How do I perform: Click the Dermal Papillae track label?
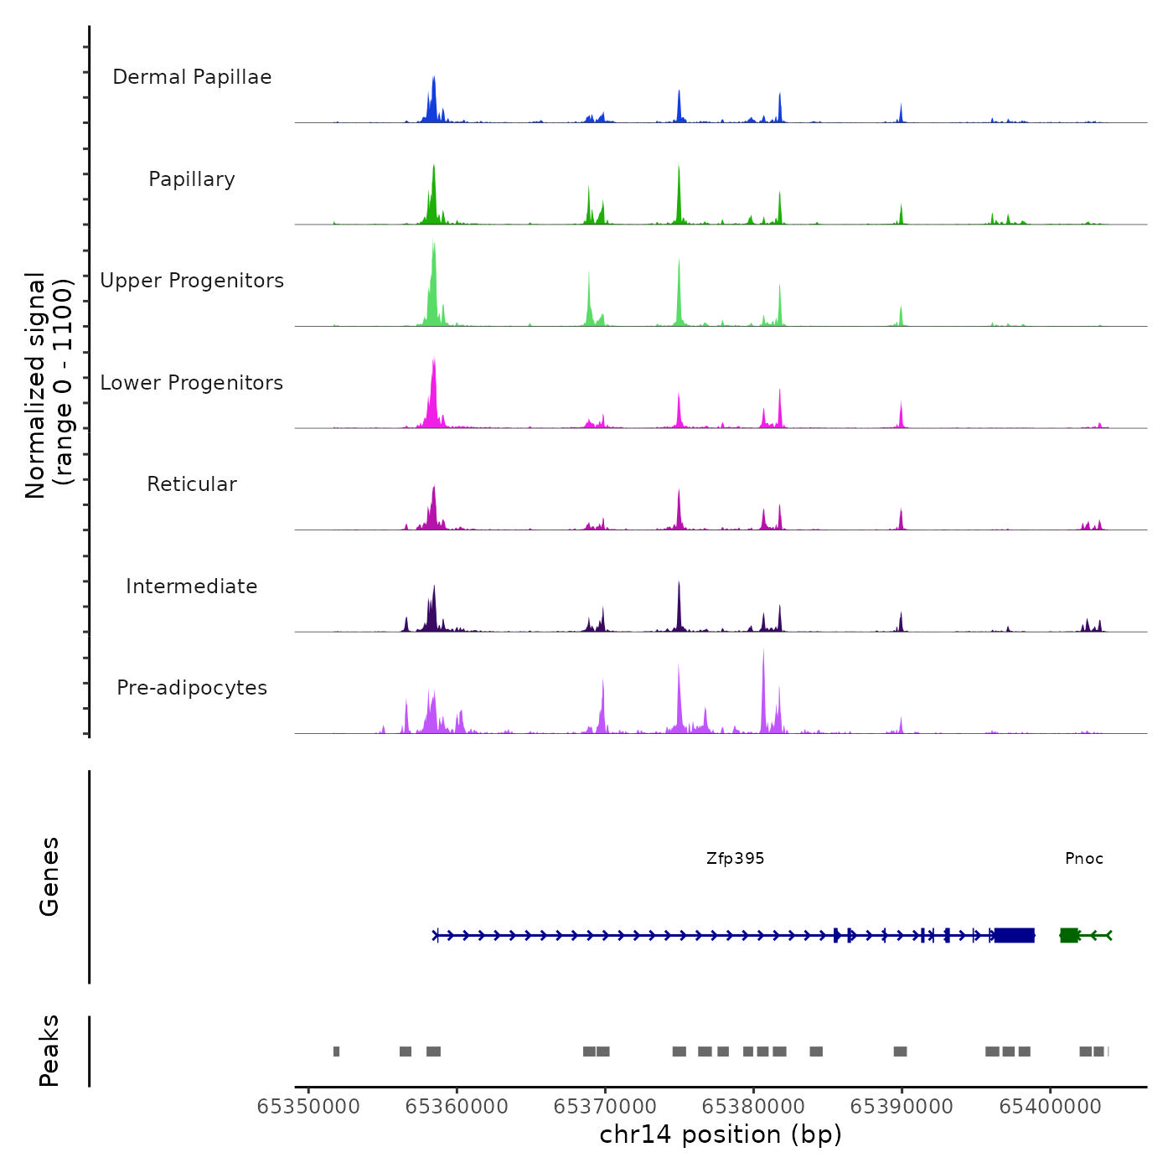(x=192, y=77)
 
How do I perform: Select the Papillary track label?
(x=192, y=179)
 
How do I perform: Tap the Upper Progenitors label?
(x=192, y=281)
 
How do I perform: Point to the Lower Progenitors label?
(x=192, y=383)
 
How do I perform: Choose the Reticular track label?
(x=192, y=484)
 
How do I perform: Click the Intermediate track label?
(x=192, y=586)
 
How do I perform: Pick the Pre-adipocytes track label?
(x=192, y=688)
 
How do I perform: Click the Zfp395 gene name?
(x=735, y=859)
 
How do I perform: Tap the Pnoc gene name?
(x=1084, y=859)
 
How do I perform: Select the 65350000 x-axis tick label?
(x=308, y=1107)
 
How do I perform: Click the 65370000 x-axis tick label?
(x=605, y=1107)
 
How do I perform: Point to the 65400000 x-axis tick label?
(x=1050, y=1107)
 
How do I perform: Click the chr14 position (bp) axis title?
(x=721, y=1135)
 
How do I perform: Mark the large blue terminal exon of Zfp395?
(x=1014, y=935)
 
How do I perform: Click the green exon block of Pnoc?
(x=1069, y=935)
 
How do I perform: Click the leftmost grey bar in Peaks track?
(x=336, y=1052)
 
